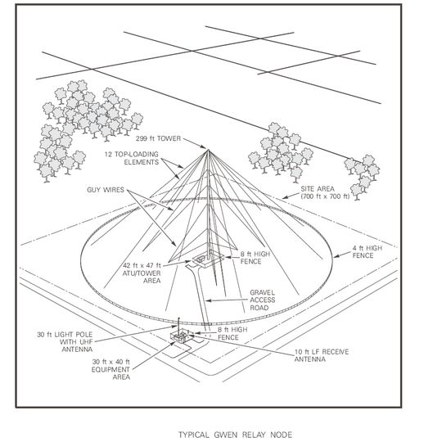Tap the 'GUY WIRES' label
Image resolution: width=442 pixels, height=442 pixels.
(105, 190)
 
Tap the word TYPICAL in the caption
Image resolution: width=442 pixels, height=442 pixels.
(195, 434)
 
